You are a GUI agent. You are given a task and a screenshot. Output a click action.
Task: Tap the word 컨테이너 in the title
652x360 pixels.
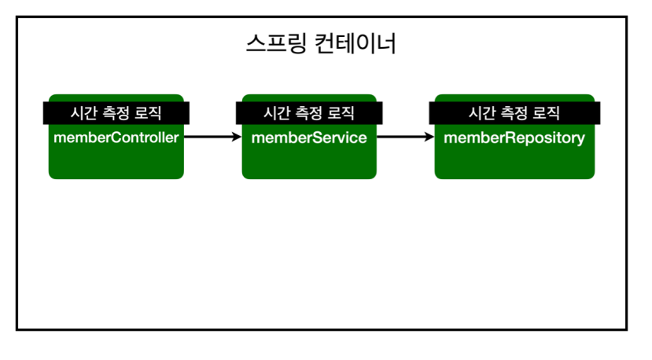point(355,43)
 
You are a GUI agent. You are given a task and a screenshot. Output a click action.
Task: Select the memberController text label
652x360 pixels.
point(116,138)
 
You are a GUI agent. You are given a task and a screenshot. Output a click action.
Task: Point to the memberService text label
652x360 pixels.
point(309,138)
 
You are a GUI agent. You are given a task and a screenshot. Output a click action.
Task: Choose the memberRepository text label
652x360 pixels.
point(514,138)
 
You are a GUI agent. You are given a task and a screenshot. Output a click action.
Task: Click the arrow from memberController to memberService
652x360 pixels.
point(212,136)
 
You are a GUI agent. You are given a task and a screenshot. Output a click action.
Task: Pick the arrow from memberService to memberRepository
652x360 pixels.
point(405,136)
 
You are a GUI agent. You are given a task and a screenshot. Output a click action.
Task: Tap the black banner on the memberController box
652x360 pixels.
point(116,113)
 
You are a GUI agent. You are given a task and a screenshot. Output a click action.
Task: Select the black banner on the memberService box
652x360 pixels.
point(309,113)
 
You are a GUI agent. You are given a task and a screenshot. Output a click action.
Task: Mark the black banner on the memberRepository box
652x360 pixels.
point(514,113)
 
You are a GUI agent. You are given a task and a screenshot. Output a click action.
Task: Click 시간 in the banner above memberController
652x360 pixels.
point(83,113)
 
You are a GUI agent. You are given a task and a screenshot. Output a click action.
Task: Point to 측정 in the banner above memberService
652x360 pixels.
point(308,113)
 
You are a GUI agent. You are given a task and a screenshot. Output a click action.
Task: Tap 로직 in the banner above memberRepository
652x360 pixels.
point(547,113)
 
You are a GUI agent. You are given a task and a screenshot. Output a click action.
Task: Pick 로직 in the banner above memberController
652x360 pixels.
point(148,113)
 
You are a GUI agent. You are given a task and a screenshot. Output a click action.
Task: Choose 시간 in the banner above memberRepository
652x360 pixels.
point(482,113)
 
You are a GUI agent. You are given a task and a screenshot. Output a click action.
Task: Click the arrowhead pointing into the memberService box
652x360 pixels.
point(237,136)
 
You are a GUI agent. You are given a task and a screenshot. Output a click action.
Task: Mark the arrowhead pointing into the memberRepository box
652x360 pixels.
point(430,136)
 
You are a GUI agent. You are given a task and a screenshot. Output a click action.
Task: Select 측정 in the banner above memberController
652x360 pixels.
point(116,113)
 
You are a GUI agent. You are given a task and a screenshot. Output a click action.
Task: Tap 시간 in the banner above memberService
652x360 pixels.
point(277,113)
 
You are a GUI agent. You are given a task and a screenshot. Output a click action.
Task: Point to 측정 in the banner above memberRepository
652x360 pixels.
point(514,113)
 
